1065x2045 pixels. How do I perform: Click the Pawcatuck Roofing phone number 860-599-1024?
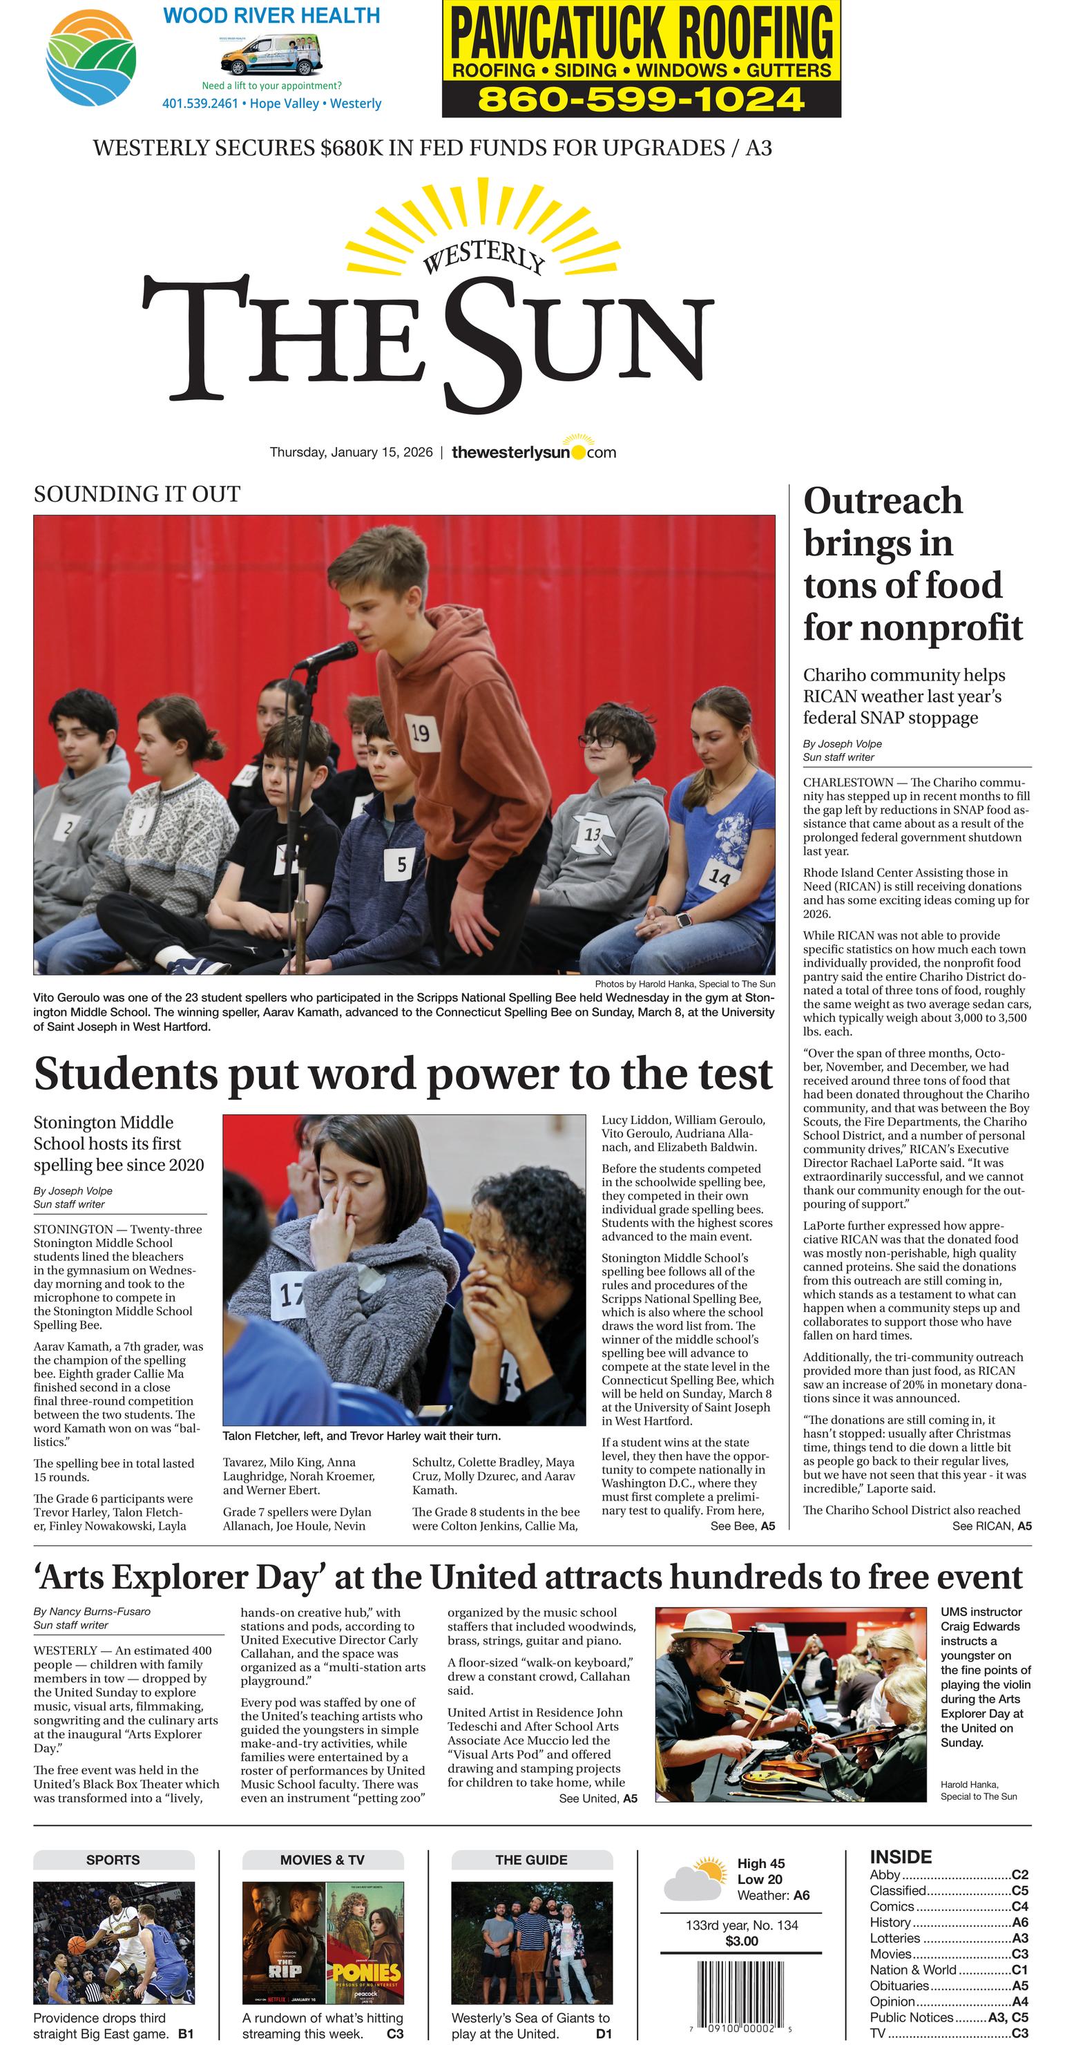(x=641, y=100)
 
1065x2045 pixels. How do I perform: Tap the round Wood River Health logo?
(x=91, y=58)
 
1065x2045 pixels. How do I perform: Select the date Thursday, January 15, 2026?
(x=351, y=453)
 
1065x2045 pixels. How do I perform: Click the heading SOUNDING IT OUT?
(x=137, y=494)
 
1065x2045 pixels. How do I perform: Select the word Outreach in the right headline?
(x=883, y=501)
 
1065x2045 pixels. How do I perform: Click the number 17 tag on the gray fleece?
(x=291, y=1295)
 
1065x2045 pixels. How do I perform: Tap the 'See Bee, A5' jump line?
(x=742, y=1526)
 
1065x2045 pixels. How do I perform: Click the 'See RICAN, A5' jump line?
(x=991, y=1526)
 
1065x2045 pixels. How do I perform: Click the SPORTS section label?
(x=113, y=1860)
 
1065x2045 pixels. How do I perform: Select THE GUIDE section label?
(x=531, y=1860)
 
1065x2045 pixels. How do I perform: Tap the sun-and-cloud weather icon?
(x=695, y=1880)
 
